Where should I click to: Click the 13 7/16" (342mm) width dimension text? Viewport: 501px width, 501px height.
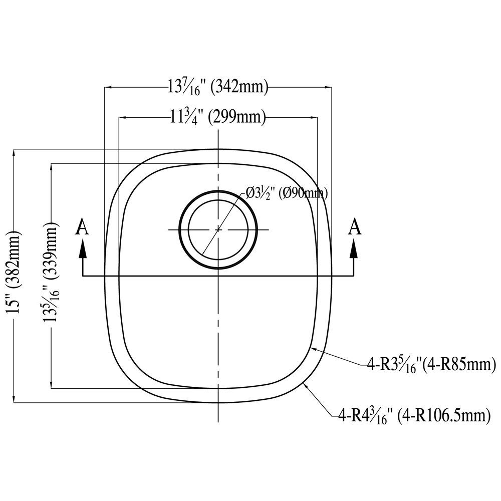218,87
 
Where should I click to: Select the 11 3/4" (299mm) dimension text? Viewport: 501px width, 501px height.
218,118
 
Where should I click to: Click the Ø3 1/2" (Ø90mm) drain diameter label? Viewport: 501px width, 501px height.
287,193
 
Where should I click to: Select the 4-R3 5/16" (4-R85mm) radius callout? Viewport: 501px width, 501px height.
431,365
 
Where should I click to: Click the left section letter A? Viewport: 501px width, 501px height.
82,227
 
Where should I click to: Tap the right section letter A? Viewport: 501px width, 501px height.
355,227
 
